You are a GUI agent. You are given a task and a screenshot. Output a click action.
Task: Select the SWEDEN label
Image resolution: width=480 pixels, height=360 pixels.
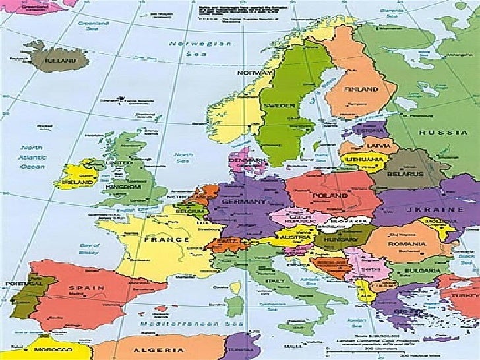click(x=279, y=105)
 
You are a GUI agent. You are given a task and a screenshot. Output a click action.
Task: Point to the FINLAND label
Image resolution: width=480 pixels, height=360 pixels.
click(x=361, y=89)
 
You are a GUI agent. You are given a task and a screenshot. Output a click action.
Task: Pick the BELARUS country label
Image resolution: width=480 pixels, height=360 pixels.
click(x=405, y=173)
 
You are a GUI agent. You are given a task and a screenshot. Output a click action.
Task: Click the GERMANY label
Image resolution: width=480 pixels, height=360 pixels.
click(x=244, y=201)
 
